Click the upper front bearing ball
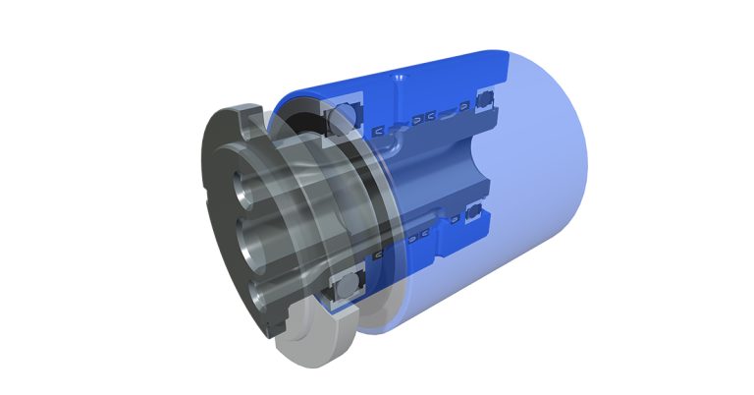point(346,110)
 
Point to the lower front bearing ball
point(347,291)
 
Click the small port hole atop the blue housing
point(397,76)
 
